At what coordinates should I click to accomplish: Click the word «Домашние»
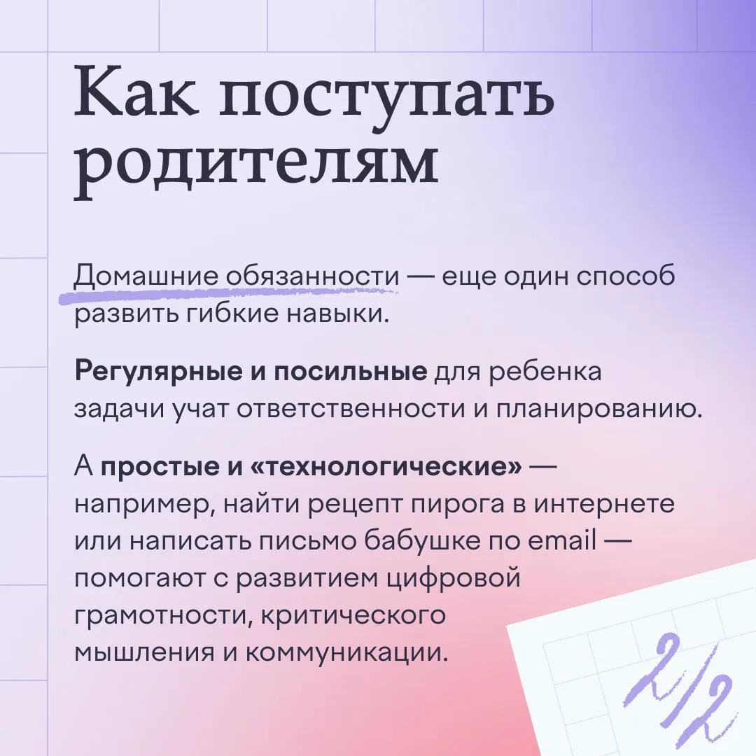146,277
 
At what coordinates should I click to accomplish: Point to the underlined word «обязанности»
312,276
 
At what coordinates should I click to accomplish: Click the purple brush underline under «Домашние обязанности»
227,294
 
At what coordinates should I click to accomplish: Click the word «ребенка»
545,372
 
